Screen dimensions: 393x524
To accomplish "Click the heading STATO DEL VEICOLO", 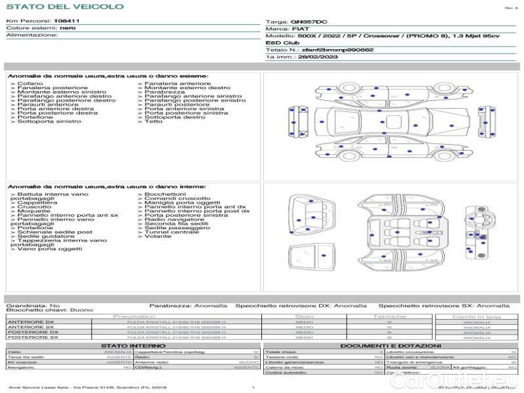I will tap(65, 7).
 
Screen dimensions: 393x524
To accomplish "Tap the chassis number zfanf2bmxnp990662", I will tap(337, 50).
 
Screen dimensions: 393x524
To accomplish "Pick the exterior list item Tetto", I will tap(153, 121).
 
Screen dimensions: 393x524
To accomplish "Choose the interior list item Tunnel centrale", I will tap(172, 232).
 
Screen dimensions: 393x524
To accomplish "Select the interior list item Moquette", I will tap(33, 211).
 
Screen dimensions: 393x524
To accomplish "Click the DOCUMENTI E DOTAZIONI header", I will tap(390, 345).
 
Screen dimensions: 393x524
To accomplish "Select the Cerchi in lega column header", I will tap(477, 316).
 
